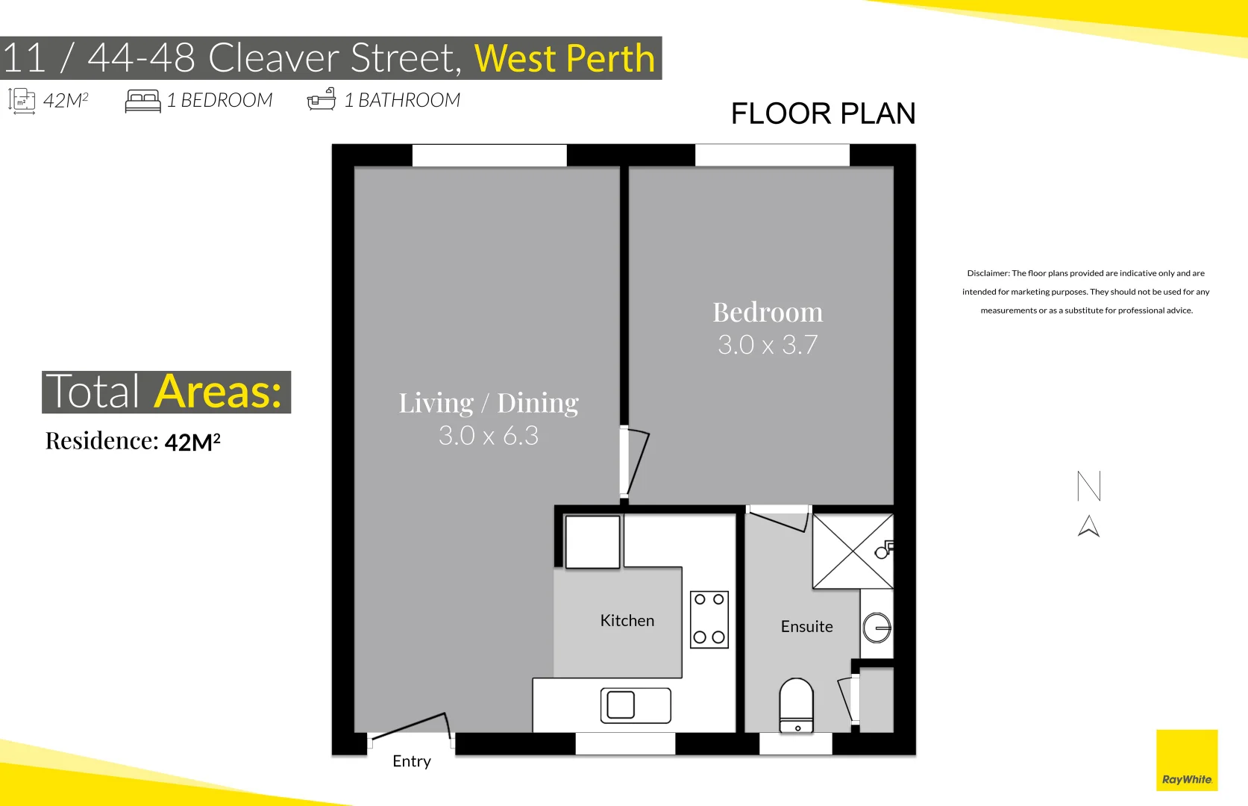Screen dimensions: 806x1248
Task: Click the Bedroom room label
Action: pyautogui.click(x=768, y=312)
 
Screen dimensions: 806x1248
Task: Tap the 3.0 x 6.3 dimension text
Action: pyautogui.click(x=489, y=435)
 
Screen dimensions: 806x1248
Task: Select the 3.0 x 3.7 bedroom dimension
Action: pyautogui.click(x=768, y=345)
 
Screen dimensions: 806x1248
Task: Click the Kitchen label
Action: pyautogui.click(x=627, y=620)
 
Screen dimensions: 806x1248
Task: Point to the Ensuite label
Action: pyautogui.click(x=806, y=626)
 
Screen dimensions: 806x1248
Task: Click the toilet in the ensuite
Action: pyautogui.click(x=797, y=705)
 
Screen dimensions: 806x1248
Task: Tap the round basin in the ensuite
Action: pyautogui.click(x=877, y=628)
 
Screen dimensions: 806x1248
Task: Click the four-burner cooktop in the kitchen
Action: pyautogui.click(x=709, y=619)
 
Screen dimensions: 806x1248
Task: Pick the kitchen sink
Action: pyautogui.click(x=636, y=705)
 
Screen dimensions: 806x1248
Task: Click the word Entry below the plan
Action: pyautogui.click(x=412, y=760)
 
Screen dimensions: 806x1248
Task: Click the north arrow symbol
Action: pyautogui.click(x=1088, y=526)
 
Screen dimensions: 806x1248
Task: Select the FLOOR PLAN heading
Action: pyautogui.click(x=823, y=113)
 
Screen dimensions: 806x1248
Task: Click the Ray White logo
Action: pyautogui.click(x=1186, y=760)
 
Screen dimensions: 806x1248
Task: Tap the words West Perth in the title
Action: pyautogui.click(x=565, y=58)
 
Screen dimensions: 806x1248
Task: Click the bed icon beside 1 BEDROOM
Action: pyautogui.click(x=142, y=101)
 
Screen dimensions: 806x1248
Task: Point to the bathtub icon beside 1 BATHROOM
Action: pyautogui.click(x=322, y=100)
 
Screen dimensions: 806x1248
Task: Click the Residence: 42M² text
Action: pyautogui.click(x=133, y=441)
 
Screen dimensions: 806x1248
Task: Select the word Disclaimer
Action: pyautogui.click(x=987, y=273)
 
